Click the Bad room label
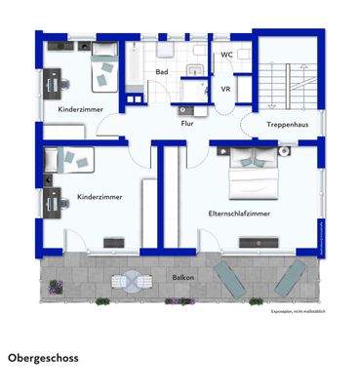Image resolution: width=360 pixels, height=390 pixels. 161,72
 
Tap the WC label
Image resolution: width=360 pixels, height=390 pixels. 226,56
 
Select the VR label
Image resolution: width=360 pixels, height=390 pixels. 225,89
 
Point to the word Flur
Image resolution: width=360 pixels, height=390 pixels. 186,124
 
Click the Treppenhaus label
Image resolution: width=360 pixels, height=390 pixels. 288,127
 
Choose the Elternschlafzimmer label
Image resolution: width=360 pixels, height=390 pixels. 239,213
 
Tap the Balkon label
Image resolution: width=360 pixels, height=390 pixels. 182,277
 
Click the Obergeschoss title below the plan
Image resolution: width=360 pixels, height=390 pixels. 43,358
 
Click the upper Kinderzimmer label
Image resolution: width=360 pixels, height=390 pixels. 80,110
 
